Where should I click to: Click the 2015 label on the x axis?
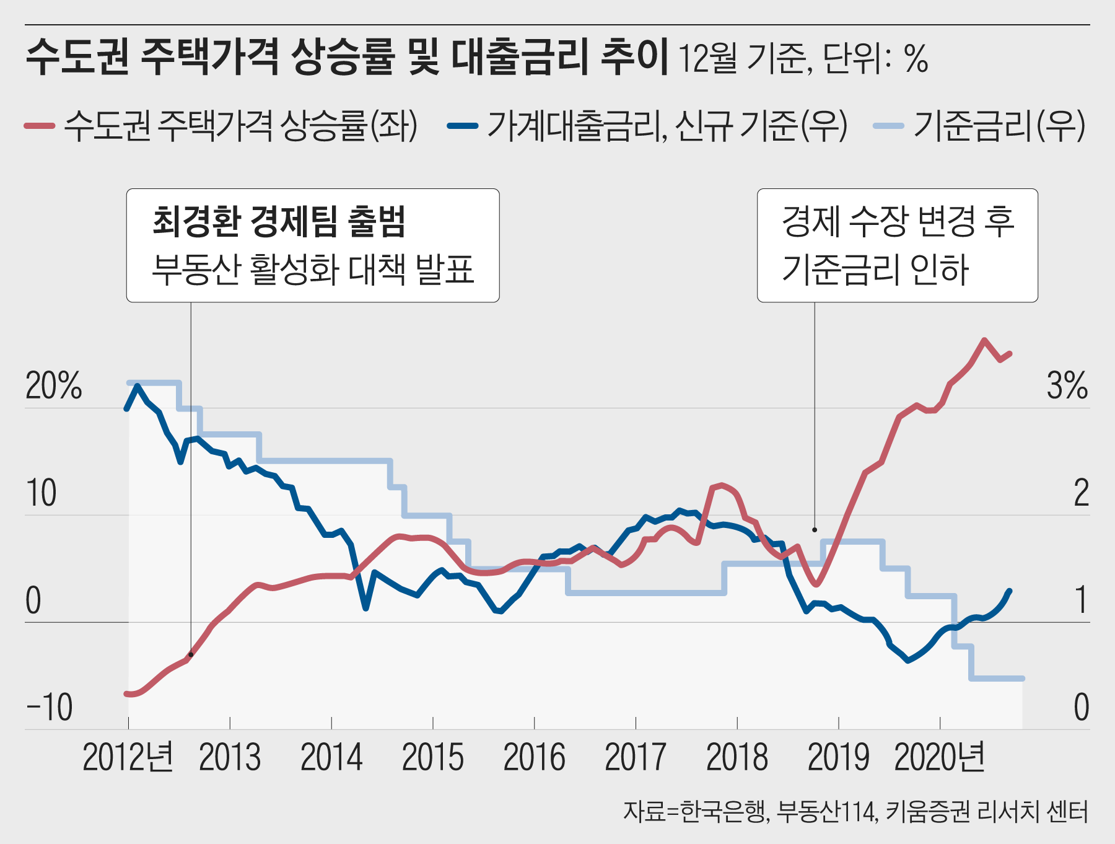[432, 757]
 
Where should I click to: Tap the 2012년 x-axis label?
[128, 757]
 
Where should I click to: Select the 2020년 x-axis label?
[940, 757]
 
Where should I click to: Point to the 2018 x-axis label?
[737, 757]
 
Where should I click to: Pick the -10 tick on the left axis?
[50, 707]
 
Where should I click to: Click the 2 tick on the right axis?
[1081, 493]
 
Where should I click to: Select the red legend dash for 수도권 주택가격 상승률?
[40, 126]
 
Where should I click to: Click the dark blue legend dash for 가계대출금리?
[462, 126]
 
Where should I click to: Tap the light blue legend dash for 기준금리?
[888, 126]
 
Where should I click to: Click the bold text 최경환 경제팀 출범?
[279, 221]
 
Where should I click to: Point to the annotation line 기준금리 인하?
[875, 270]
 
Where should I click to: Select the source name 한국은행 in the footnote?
[724, 811]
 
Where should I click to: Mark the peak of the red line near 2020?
[984, 340]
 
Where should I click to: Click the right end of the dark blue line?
[1010, 591]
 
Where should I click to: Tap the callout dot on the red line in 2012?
[191, 654]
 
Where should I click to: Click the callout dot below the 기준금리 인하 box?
[815, 530]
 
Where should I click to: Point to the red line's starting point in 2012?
[126, 693]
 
